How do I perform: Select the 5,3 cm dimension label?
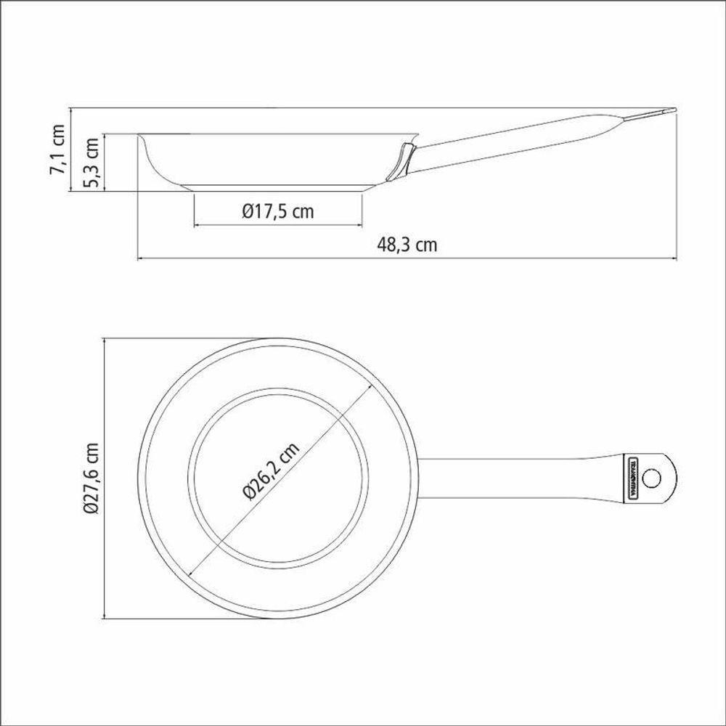point(93,163)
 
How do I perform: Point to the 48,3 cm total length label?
point(407,245)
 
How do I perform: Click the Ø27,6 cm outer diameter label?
point(90,478)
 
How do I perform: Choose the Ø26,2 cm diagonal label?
point(270,471)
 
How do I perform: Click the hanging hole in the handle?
point(651,478)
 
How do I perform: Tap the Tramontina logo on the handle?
point(631,478)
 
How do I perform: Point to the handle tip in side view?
point(672,111)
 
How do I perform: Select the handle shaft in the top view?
point(523,478)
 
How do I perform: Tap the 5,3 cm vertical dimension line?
point(106,163)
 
